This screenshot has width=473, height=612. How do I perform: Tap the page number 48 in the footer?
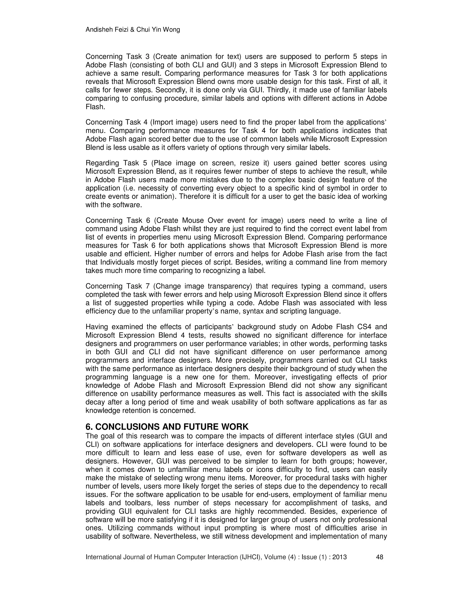(379, 557)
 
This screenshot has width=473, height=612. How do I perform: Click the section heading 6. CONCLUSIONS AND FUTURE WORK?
(167, 427)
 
